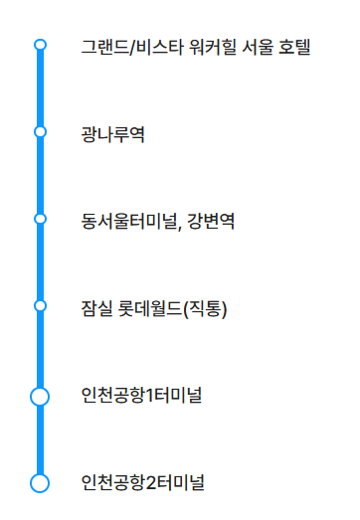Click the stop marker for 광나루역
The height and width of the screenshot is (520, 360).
40,131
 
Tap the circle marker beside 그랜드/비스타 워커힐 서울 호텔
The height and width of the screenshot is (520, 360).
40,45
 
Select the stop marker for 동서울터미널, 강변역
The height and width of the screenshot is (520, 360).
40,218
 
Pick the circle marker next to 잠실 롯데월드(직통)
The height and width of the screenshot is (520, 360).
40,305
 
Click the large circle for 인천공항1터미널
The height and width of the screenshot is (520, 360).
40,397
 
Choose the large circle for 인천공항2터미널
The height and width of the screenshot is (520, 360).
40,483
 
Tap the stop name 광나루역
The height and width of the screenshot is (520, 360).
113,132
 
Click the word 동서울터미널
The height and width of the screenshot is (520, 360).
128,219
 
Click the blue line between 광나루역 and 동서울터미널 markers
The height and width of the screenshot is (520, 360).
40,175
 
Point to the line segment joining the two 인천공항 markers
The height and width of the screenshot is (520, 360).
40,440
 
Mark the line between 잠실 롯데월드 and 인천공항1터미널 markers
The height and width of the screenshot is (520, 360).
40,350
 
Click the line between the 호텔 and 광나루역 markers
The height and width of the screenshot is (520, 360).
40,88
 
